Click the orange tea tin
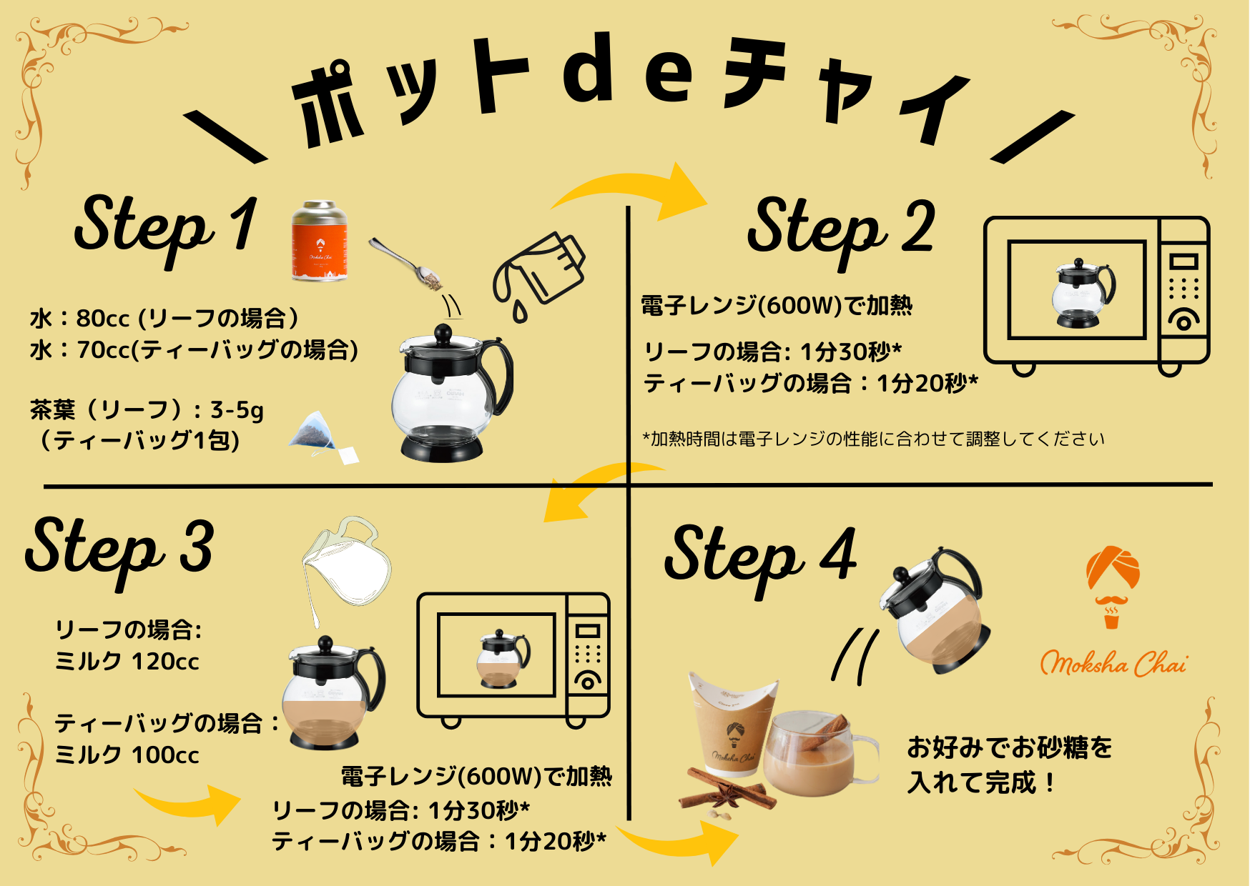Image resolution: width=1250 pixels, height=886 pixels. point(320,241)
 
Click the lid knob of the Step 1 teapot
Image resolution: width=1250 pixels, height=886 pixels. point(443,333)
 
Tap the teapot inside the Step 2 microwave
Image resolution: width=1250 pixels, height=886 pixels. point(1083,293)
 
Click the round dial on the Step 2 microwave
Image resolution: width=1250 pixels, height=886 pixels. point(1183,321)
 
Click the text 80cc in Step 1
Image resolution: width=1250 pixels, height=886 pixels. point(103,318)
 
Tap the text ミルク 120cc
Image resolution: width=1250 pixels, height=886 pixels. point(127,662)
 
